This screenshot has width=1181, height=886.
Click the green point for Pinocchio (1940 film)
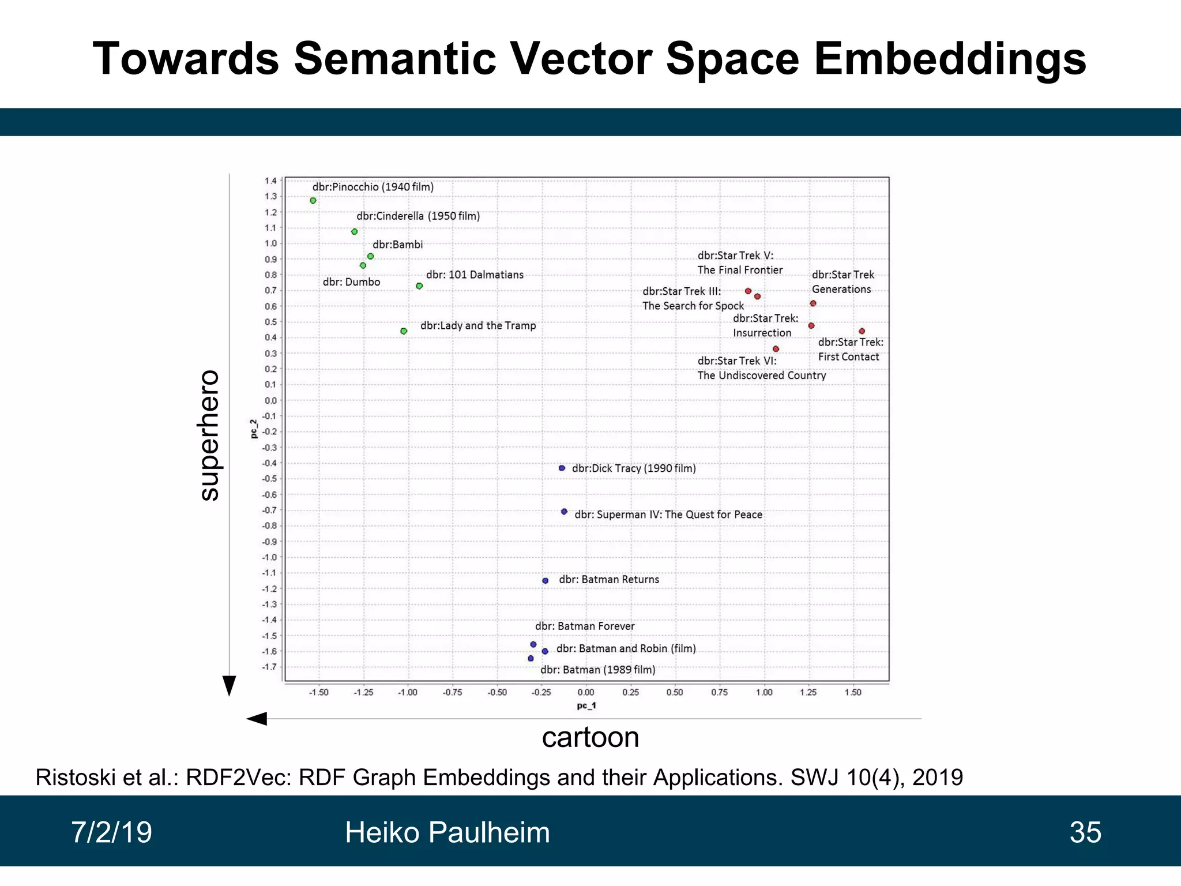click(313, 201)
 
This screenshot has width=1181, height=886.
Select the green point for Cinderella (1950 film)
click(355, 232)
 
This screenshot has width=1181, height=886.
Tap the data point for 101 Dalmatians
click(419, 286)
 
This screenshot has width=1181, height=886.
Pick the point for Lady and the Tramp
click(404, 331)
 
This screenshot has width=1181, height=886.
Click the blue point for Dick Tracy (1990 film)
click(562, 468)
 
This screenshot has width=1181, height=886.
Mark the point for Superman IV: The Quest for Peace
click(565, 512)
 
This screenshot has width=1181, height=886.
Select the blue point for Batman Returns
click(546, 581)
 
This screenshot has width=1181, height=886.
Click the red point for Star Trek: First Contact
click(862, 331)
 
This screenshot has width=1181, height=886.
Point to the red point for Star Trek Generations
click(813, 303)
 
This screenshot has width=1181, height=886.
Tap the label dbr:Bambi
click(397, 245)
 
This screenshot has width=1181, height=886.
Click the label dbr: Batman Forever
click(585, 626)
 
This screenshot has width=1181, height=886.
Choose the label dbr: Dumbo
click(351, 282)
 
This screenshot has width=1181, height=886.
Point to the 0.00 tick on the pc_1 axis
click(586, 692)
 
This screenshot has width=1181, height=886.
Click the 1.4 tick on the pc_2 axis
click(270, 181)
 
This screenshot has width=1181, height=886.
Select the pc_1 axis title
click(586, 705)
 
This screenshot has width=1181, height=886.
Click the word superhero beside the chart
click(209, 436)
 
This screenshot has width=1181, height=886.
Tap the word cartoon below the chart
click(590, 737)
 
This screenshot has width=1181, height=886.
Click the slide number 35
click(1085, 832)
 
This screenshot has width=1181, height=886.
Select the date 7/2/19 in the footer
click(111, 832)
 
